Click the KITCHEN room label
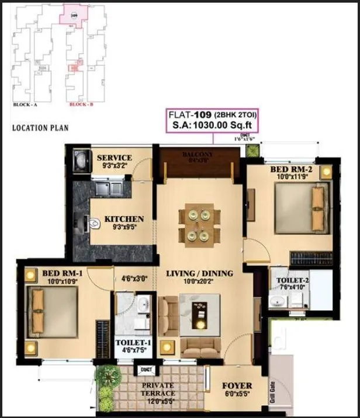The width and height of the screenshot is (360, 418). pyautogui.click(x=124, y=219)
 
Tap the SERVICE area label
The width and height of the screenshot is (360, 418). pyautogui.click(x=115, y=158)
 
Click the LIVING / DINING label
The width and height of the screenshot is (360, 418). pyautogui.click(x=199, y=273)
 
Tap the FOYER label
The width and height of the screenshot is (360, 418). pyautogui.click(x=237, y=386)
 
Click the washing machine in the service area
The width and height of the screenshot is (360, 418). pyautogui.click(x=80, y=159)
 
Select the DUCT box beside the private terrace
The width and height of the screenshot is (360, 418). pyautogui.click(x=144, y=370)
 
